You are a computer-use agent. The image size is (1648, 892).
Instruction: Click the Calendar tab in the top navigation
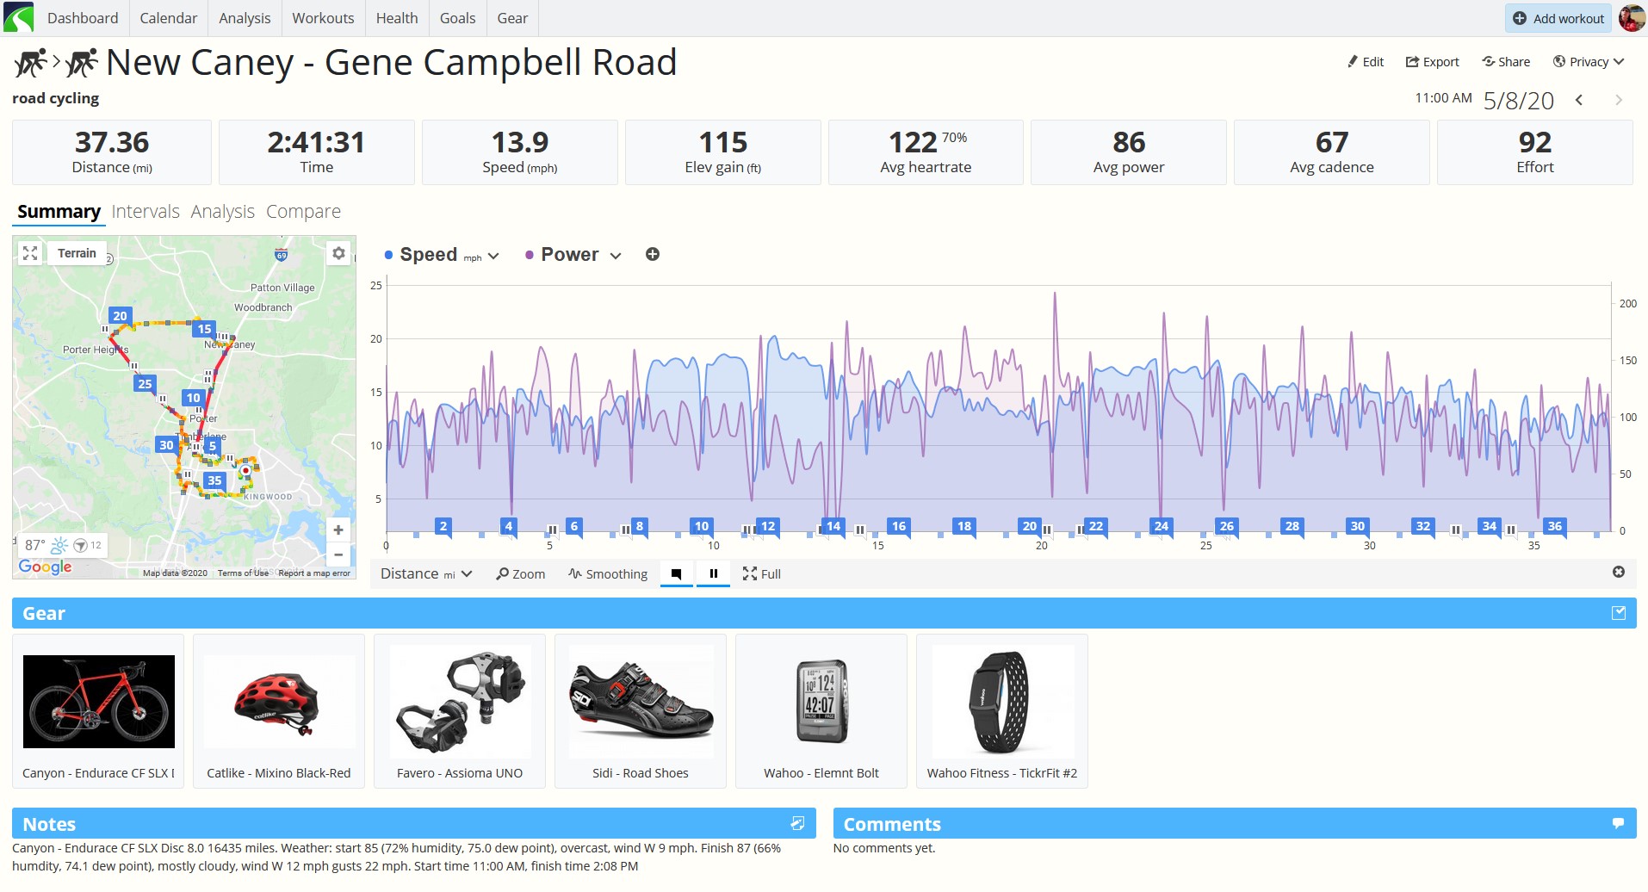click(168, 18)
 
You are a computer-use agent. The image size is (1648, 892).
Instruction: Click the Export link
click(1432, 62)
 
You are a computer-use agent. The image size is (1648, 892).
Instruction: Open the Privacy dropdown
click(1589, 62)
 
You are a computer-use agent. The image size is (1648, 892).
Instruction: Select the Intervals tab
click(146, 212)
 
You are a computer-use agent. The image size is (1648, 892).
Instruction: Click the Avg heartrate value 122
click(913, 142)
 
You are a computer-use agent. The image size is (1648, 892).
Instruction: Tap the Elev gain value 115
click(723, 142)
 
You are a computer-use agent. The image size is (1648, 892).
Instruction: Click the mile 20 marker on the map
click(120, 316)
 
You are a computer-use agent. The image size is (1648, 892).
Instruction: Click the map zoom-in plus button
click(338, 530)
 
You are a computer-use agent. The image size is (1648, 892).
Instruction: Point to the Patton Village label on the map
click(282, 288)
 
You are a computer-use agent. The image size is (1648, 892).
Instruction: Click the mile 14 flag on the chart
click(833, 527)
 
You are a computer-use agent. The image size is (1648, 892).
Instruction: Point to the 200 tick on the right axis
click(1627, 303)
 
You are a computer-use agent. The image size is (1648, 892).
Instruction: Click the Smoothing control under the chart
click(608, 574)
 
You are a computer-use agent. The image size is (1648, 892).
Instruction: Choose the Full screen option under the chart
click(762, 574)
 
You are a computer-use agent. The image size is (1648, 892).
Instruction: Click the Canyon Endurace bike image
click(99, 701)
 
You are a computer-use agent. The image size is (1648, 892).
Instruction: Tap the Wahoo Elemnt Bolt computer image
click(821, 701)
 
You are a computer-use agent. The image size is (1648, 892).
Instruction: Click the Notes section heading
click(49, 824)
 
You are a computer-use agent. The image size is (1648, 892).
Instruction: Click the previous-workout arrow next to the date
click(1579, 100)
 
